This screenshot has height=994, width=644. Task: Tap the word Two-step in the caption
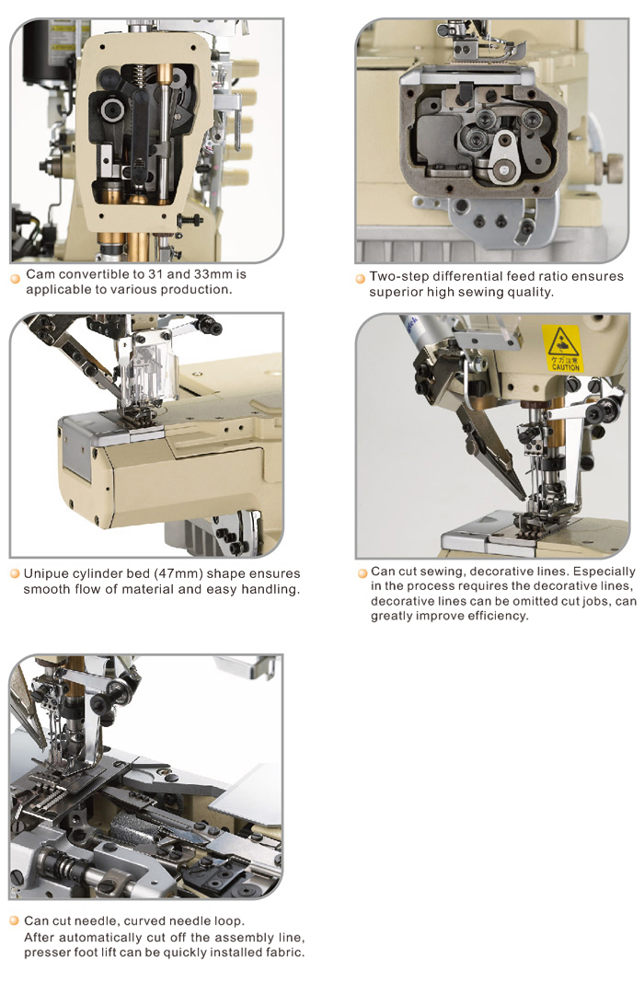[x=398, y=276]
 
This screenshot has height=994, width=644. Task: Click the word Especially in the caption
[x=604, y=572]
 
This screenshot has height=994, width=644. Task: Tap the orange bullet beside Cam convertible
[x=16, y=278]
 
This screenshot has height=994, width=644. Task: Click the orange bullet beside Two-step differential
[x=360, y=278]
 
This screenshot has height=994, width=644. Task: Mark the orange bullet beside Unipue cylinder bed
[x=16, y=574]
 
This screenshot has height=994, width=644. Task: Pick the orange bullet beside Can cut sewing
[x=362, y=573]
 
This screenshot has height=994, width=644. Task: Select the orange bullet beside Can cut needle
[x=15, y=920]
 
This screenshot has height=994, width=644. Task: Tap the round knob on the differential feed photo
[x=613, y=168]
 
